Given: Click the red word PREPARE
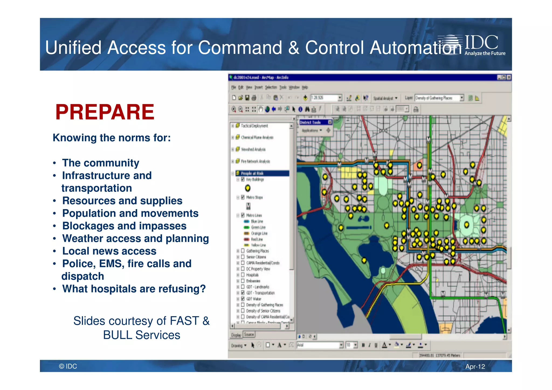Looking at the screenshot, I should tap(105, 112).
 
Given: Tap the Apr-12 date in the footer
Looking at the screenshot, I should tap(475, 367).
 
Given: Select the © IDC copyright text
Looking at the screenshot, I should tap(68, 366).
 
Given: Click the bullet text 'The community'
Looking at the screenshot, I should tap(101, 163).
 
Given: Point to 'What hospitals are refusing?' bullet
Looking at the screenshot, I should tap(134, 289).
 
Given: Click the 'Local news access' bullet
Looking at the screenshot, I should tap(109, 251).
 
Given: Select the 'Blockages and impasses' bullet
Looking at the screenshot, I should tap(124, 226).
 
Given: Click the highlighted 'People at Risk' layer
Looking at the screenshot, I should tap(252, 173).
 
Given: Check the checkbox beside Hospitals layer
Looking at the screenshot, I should tap(243, 275).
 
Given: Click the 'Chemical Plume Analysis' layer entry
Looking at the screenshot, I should tap(257, 137).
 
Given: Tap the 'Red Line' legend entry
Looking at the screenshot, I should tap(257, 239).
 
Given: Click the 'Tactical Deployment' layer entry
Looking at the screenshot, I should tap(254, 126).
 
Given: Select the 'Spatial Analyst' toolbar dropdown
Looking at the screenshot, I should tap(385, 98).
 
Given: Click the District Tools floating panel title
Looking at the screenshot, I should tap(310, 122).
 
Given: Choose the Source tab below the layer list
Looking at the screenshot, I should tap(249, 334).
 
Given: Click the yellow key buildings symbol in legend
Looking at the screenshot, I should tap(248, 188).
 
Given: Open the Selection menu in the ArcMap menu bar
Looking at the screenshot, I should tap(271, 87).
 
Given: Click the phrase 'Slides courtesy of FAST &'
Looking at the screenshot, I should tap(142, 321).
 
